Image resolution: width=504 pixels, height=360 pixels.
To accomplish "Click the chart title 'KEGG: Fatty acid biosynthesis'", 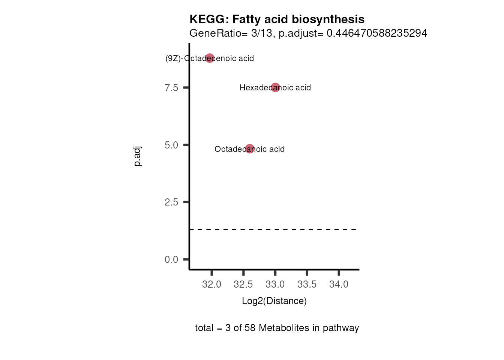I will click(x=277, y=19).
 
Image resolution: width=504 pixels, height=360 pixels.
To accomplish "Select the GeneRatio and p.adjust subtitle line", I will click(x=308, y=33).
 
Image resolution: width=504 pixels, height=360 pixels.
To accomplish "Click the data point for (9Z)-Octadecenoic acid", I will click(x=210, y=58).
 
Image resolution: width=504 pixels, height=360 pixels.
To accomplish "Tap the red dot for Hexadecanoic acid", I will click(x=275, y=87).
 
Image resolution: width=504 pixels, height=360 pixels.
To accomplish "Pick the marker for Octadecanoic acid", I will click(x=250, y=149).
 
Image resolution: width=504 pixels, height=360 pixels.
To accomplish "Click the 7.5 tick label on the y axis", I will click(x=171, y=88).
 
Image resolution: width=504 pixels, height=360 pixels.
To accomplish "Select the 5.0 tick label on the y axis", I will click(x=171, y=145).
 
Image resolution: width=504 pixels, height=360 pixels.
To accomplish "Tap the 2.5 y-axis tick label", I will click(x=171, y=202).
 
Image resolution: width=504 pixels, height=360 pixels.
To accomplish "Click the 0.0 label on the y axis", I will click(x=171, y=259).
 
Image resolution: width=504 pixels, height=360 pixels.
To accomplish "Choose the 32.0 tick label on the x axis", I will click(x=211, y=285).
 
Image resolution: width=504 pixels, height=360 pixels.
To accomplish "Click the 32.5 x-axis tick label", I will click(x=243, y=285).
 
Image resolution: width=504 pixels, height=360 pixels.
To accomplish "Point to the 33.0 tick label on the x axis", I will click(x=275, y=285).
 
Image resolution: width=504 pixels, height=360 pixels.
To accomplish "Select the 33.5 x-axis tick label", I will click(x=307, y=285).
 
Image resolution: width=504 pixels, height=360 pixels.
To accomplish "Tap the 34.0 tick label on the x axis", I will click(x=339, y=285).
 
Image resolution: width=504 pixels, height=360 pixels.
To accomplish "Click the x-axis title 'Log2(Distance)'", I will click(x=274, y=301).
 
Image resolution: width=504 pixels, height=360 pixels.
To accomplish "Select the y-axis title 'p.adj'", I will click(x=137, y=156).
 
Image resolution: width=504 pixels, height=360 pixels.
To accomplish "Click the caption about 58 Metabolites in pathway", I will click(x=277, y=328).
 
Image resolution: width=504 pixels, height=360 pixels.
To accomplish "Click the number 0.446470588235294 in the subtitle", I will click(x=377, y=33).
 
